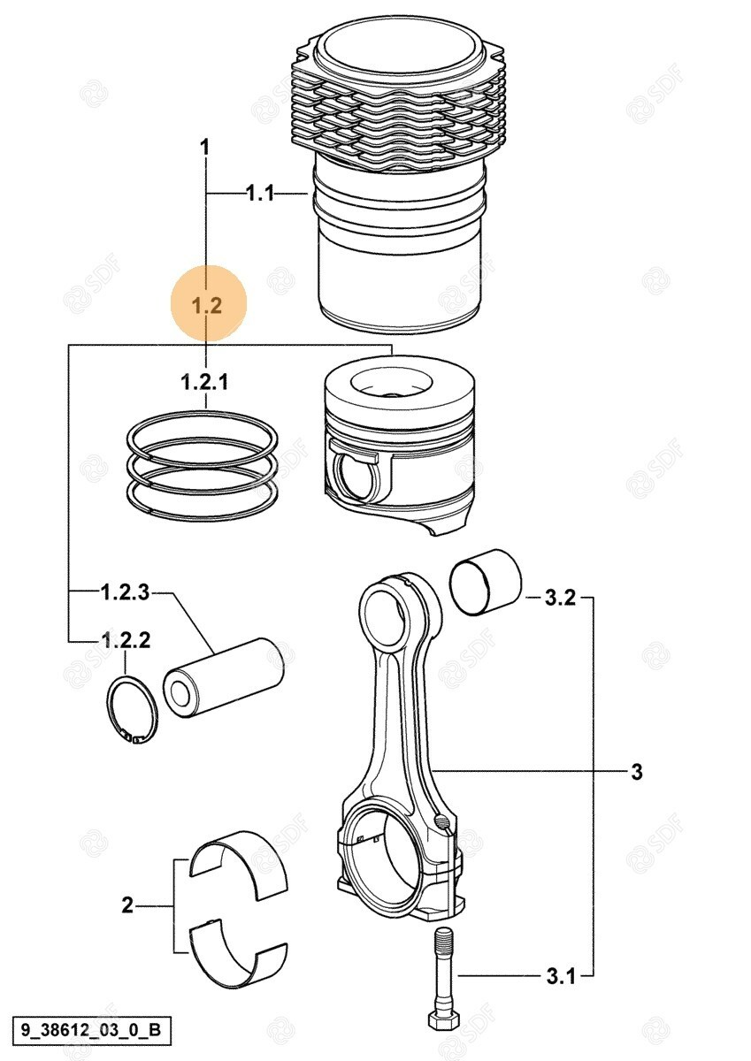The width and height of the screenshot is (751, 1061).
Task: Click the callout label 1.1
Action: [260, 193]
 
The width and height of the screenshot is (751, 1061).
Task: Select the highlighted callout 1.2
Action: [206, 306]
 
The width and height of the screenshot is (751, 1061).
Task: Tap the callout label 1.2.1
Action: [205, 382]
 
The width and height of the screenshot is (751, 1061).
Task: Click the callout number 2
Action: [127, 905]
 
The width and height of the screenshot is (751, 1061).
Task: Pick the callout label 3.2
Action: [560, 599]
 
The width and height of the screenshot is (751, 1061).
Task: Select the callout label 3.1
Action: [559, 976]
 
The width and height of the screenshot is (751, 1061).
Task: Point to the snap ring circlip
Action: [132, 707]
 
